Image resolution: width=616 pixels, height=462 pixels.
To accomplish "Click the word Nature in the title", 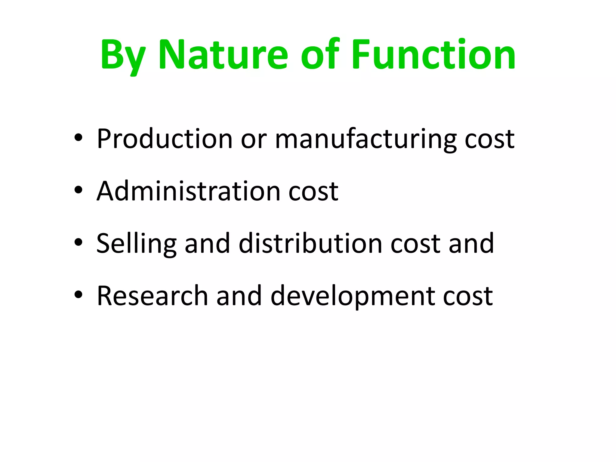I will pos(223,55).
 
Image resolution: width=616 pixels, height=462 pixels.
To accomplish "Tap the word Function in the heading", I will pos(433,55).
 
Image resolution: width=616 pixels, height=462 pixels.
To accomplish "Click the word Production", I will pos(165,139).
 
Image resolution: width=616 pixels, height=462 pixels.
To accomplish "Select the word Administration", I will pos(189,191).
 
